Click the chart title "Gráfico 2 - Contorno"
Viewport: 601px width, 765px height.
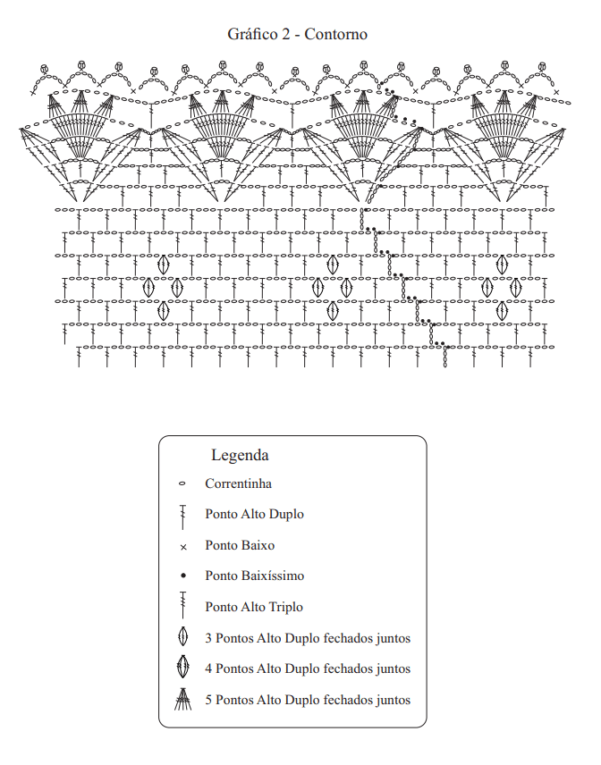tap(297, 34)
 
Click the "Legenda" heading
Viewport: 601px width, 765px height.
tap(240, 455)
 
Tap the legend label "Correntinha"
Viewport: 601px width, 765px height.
tap(238, 483)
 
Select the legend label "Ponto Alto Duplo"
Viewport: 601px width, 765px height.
tap(254, 514)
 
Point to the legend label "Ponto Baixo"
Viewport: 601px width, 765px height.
tap(240, 545)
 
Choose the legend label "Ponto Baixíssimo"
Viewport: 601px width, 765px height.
tap(254, 576)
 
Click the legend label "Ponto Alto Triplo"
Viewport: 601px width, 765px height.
tap(254, 607)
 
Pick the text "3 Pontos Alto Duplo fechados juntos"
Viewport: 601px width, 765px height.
tap(308, 638)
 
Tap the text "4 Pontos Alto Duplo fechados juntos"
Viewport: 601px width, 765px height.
tap(308, 668)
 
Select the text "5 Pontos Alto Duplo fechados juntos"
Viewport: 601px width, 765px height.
tap(308, 700)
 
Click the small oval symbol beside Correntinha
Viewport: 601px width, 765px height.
tap(182, 484)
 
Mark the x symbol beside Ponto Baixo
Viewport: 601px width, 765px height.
tap(183, 548)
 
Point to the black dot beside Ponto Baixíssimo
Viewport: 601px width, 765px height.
tap(183, 576)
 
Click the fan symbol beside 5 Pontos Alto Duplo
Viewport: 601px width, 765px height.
tap(183, 699)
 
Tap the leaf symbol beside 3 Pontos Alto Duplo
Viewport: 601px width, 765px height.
tap(183, 636)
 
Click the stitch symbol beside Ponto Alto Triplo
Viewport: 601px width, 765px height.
tap(183, 605)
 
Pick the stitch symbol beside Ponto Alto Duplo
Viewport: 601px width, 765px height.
tap(183, 517)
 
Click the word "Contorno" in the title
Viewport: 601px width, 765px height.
tap(336, 34)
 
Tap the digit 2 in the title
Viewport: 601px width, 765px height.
tap(285, 34)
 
